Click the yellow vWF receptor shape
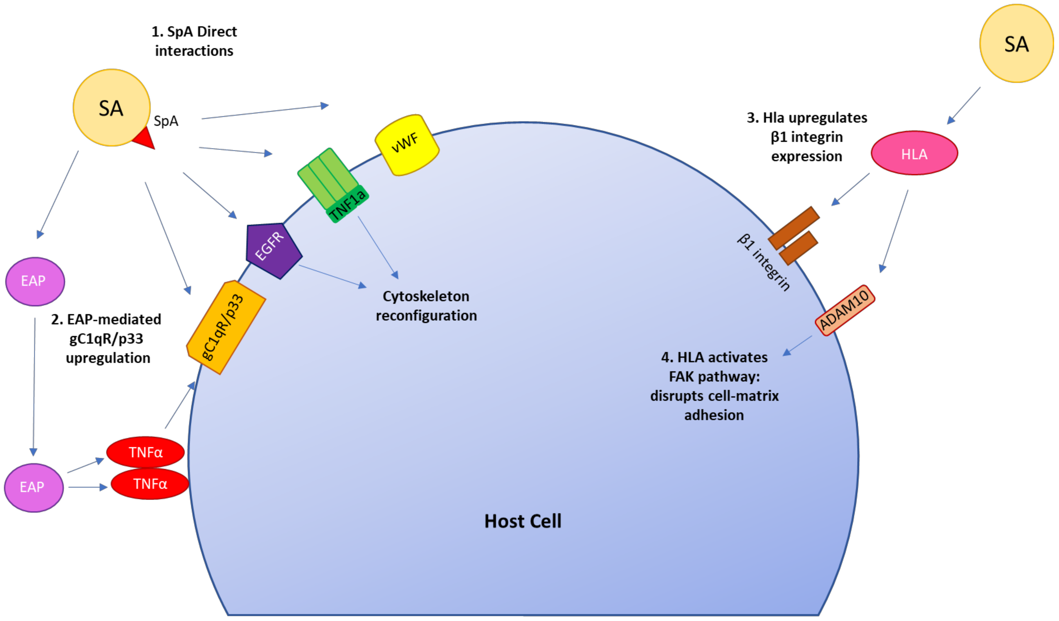(406, 145)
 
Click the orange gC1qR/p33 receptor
(225, 327)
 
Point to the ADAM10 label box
(845, 311)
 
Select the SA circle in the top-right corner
(1016, 44)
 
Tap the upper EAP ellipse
(35, 281)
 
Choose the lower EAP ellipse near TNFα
(34, 487)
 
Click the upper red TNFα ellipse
(146, 452)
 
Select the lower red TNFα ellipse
(150, 484)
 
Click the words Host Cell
(522, 521)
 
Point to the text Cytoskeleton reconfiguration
(426, 306)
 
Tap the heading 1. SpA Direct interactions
(194, 41)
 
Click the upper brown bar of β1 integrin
(793, 228)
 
